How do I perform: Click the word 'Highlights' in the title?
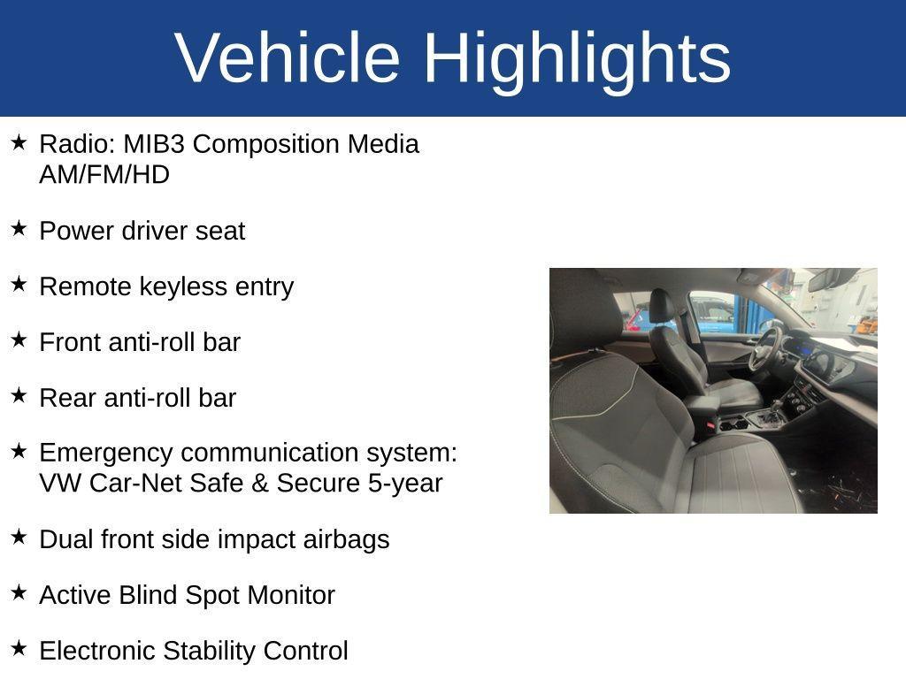577,58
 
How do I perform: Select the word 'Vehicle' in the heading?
288,58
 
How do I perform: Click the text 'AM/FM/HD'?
104,175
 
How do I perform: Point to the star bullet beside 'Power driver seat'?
19,229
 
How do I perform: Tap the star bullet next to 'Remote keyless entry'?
19,285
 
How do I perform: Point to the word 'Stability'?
203,651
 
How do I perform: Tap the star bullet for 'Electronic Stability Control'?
19,649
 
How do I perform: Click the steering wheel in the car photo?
764,349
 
